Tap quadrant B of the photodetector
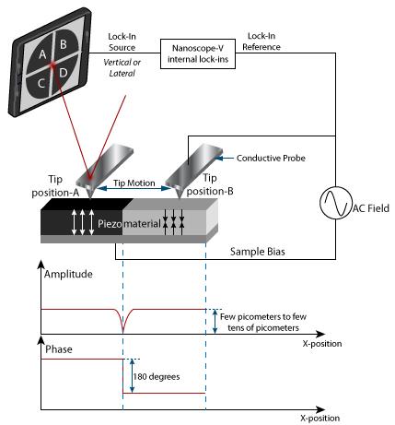pyautogui.click(x=65, y=43)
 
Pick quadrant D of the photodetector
pyautogui.click(x=65, y=73)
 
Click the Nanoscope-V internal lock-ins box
pyautogui.click(x=198, y=53)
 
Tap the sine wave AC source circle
pyautogui.click(x=336, y=203)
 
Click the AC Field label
pyautogui.click(x=371, y=208)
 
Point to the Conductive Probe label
pyautogui.click(x=271, y=159)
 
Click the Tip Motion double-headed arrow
pyautogui.click(x=134, y=188)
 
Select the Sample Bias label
pyautogui.click(x=258, y=252)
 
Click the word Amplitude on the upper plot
pyautogui.click(x=68, y=274)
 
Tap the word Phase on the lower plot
pyautogui.click(x=59, y=349)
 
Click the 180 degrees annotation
pyautogui.click(x=157, y=377)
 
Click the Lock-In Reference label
pyautogui.click(x=261, y=41)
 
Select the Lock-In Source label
pyautogui.click(x=122, y=42)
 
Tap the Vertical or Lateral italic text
pyautogui.click(x=122, y=68)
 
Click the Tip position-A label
pyautogui.click(x=55, y=186)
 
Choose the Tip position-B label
pyautogui.click(x=210, y=184)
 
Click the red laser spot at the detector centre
pyautogui.click(x=52, y=65)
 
